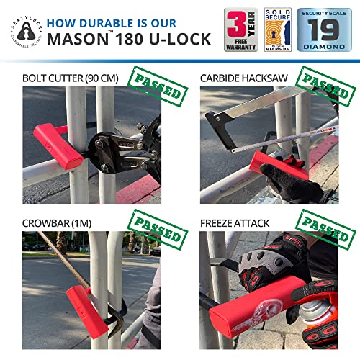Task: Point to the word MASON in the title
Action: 75,39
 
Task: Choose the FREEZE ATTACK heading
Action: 235,224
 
